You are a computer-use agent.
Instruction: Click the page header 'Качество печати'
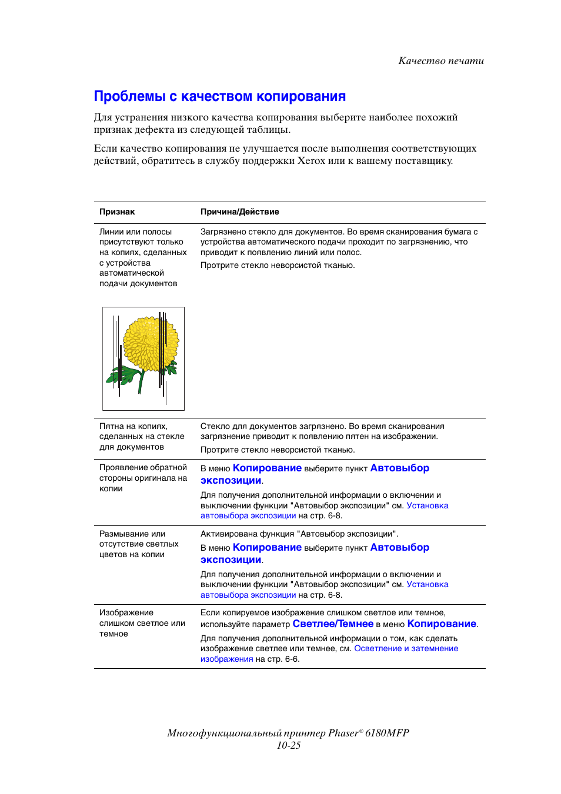[x=441, y=61]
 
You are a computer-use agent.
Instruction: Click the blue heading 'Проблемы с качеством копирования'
[x=219, y=96]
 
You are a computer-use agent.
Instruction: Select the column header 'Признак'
[x=117, y=212]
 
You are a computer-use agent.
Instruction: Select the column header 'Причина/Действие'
[x=239, y=212]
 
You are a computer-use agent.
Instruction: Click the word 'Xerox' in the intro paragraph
[x=311, y=161]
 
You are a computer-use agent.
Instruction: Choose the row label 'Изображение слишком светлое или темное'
[x=142, y=623]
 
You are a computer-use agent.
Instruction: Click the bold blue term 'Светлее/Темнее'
[x=333, y=624]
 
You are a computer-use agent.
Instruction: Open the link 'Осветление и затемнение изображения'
[x=406, y=649]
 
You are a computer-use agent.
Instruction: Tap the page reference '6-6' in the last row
[x=291, y=659]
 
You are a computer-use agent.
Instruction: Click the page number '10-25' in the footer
[x=288, y=745]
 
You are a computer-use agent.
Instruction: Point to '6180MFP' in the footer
[x=387, y=733]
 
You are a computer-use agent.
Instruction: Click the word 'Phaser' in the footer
[x=343, y=733]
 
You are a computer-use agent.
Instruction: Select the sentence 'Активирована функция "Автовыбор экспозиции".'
[x=299, y=534]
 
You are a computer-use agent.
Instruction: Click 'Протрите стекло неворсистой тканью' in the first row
[x=277, y=266]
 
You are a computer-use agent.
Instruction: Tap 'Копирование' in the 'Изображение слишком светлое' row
[x=441, y=624]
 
